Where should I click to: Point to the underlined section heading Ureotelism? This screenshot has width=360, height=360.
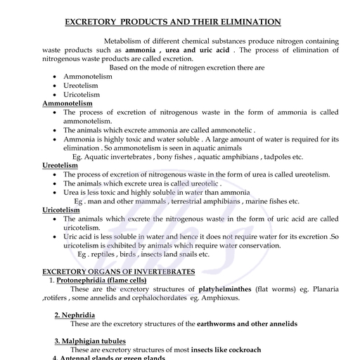(x=60, y=165)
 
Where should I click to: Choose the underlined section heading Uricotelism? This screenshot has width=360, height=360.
(x=61, y=210)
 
